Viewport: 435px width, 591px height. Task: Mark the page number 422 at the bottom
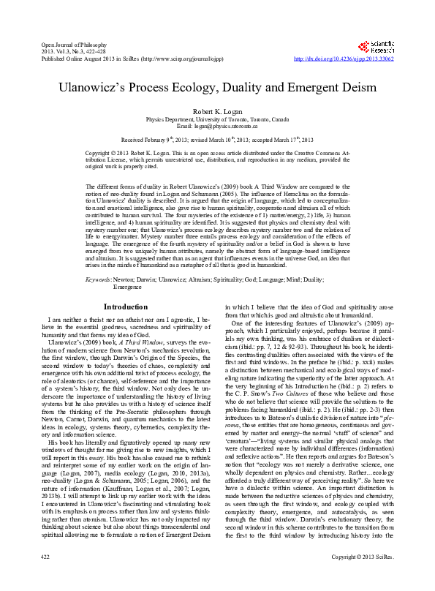tap(45, 577)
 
